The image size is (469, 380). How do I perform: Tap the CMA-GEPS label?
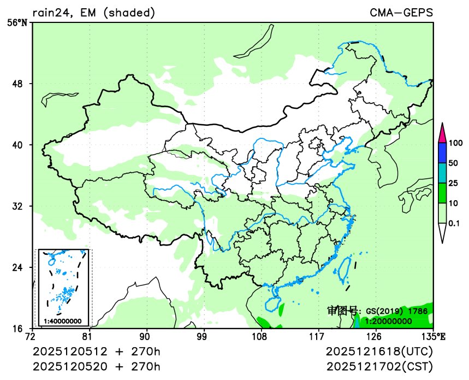point(401,12)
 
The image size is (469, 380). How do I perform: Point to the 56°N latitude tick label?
point(17,22)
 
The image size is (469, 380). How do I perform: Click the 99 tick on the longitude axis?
point(202,336)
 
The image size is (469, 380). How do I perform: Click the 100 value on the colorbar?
point(455,143)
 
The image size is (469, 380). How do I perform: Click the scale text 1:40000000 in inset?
point(63,321)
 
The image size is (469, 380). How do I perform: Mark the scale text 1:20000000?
point(388,321)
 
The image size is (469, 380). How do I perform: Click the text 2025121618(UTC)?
point(379,350)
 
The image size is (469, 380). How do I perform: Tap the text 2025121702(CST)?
point(379,366)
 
